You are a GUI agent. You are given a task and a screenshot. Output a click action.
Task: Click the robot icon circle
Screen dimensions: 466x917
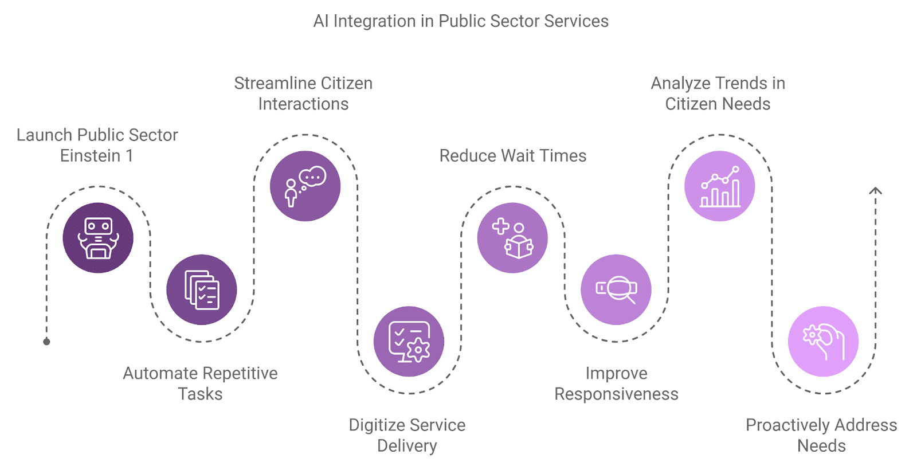(98, 238)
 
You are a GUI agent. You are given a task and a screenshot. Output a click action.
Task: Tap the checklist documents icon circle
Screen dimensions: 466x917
(202, 289)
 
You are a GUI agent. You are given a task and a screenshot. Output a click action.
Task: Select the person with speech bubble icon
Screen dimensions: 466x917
(305, 186)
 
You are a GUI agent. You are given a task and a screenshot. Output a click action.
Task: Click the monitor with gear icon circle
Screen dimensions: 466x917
(409, 341)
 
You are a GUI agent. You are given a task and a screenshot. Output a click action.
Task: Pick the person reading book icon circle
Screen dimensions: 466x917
(512, 238)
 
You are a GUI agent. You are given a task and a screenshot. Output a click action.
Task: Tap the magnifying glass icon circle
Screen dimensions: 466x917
(616, 289)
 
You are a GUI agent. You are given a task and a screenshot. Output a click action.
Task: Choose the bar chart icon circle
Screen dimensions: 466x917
(719, 186)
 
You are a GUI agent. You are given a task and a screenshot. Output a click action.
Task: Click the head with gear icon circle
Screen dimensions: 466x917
(823, 341)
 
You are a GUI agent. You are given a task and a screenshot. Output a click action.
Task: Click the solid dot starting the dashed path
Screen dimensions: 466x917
(46, 342)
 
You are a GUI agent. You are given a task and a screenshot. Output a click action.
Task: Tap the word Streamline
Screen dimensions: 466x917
(275, 84)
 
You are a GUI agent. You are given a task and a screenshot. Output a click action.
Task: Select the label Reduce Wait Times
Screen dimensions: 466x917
(512, 156)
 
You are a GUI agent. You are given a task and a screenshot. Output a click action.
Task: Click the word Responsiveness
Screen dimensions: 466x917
(616, 394)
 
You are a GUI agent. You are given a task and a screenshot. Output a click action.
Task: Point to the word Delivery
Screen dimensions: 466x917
(407, 446)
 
